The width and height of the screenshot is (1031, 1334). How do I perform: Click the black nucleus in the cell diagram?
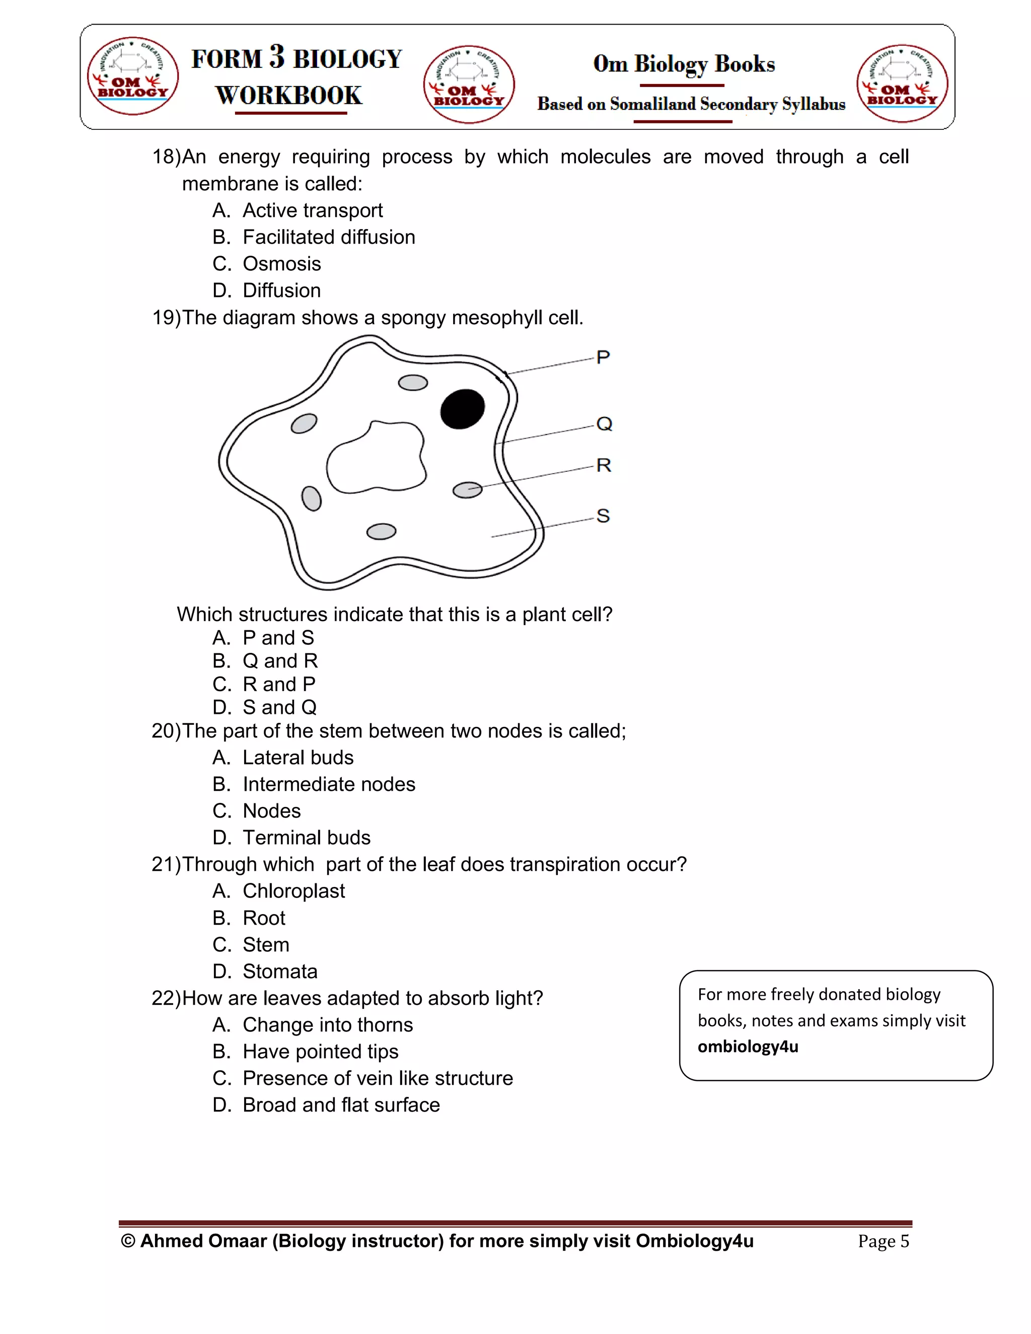462,409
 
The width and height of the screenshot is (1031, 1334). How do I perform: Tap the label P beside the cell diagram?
603,357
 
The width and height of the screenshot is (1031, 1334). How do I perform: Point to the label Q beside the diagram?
604,424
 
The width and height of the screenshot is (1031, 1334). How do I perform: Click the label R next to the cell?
604,466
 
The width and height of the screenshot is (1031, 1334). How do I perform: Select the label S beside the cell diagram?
603,516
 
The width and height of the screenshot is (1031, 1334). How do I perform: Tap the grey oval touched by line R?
467,490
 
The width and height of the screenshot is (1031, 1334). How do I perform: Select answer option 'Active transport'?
312,210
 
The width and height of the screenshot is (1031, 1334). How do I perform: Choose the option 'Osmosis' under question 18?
281,264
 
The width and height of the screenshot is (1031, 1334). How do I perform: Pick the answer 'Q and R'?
280,661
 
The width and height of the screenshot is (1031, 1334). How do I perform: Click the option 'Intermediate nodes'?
329,784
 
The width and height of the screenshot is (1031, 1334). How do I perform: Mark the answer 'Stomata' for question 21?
280,971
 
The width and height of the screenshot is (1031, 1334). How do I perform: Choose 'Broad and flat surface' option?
341,1105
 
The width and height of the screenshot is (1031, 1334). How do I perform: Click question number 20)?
166,731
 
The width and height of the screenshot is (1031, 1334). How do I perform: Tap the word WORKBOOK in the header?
289,96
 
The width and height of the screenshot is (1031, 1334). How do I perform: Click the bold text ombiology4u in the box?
748,1047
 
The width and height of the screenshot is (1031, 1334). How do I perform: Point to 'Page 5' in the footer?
883,1241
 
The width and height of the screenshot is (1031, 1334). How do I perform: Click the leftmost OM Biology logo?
132,76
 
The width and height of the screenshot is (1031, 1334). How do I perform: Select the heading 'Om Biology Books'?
684,64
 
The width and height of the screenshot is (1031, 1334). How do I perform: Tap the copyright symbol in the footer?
128,1241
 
